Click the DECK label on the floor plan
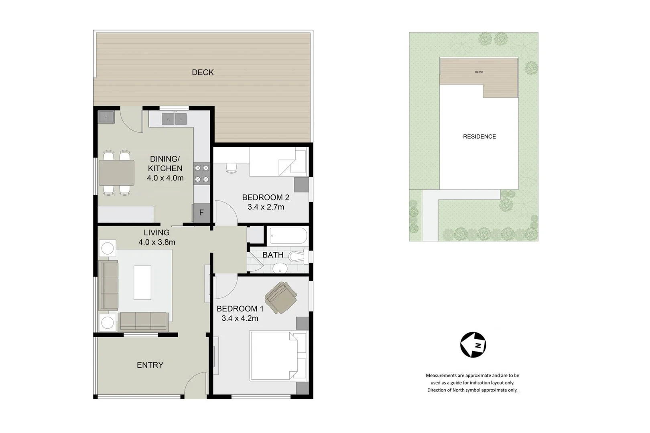tap(203, 73)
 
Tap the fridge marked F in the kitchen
tap(201, 213)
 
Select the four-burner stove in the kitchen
tap(202, 174)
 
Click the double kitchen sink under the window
tap(174, 119)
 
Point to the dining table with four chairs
tap(116, 173)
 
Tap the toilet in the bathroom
tap(297, 257)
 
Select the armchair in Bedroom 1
tap(281, 297)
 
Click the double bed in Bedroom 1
tap(278, 355)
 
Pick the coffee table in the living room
tap(142, 282)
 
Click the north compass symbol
tap(473, 345)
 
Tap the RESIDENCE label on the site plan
tap(479, 137)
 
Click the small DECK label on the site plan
tap(479, 72)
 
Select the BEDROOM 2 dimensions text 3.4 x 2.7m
tap(266, 207)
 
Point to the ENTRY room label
tap(150, 365)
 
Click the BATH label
tap(273, 255)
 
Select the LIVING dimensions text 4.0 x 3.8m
tap(156, 242)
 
